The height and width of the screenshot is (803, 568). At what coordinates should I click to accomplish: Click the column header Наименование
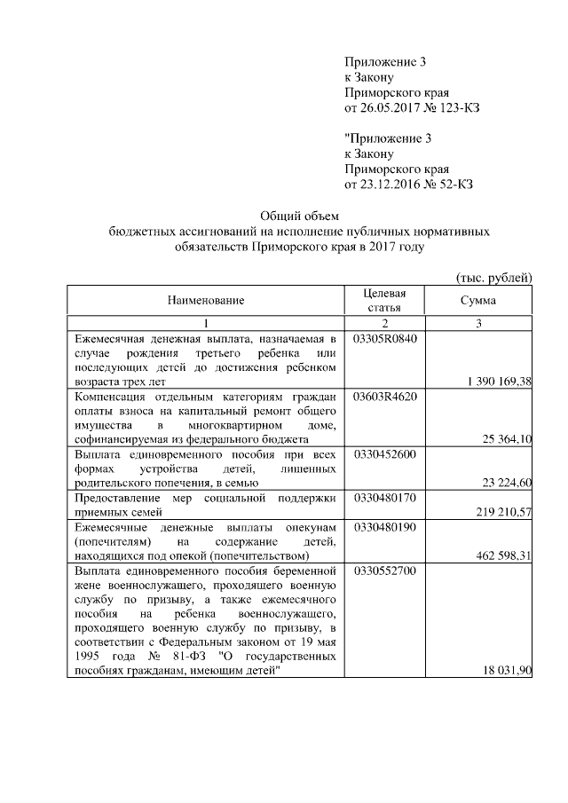207,301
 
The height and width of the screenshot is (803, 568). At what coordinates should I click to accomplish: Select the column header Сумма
477,301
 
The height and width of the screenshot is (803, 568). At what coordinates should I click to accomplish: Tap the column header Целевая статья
385,301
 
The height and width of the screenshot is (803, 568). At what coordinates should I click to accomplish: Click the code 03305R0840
385,339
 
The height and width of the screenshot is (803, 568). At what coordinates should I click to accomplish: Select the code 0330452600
385,454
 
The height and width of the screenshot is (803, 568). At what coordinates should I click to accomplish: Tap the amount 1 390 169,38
498,382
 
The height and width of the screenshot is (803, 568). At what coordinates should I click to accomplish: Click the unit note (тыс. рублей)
493,278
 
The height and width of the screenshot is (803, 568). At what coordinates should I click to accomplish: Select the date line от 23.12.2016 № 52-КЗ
408,185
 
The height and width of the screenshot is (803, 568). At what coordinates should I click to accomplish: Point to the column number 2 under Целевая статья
385,323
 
